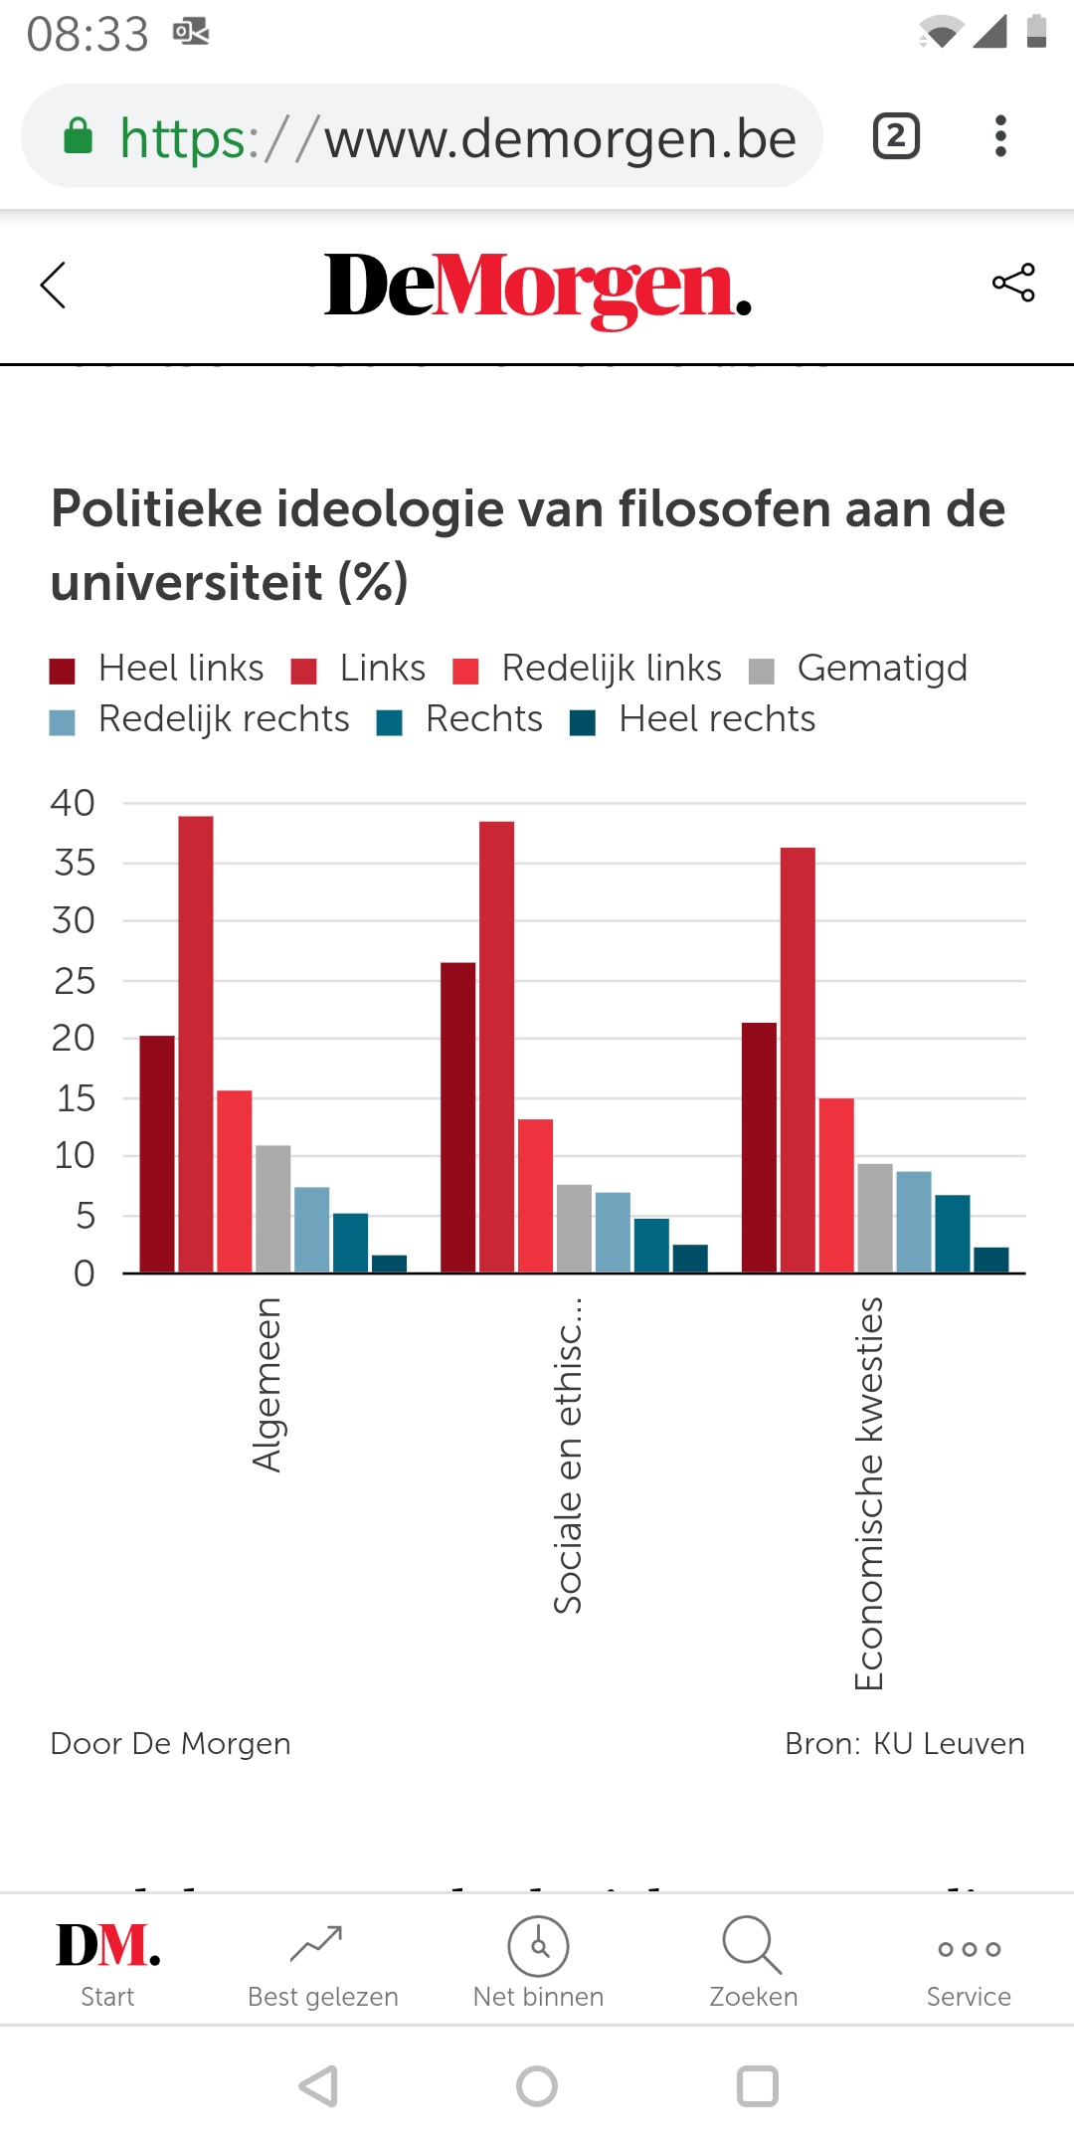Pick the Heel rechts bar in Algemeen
coord(389,1264)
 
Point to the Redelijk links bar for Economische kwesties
coord(836,1184)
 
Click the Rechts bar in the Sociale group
coord(651,1245)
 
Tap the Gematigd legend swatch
coord(762,672)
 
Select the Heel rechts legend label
coord(716,719)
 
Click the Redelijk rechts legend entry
coord(224,719)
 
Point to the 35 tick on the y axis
coord(75,863)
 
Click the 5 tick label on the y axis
coord(86,1215)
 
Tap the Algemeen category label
coord(268,1384)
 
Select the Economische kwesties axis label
coord(869,1492)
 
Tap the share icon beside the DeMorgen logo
coord(1013,284)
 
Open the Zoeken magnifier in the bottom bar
coord(753,1946)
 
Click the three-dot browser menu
coord(1000,136)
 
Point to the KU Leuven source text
coord(948,1744)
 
